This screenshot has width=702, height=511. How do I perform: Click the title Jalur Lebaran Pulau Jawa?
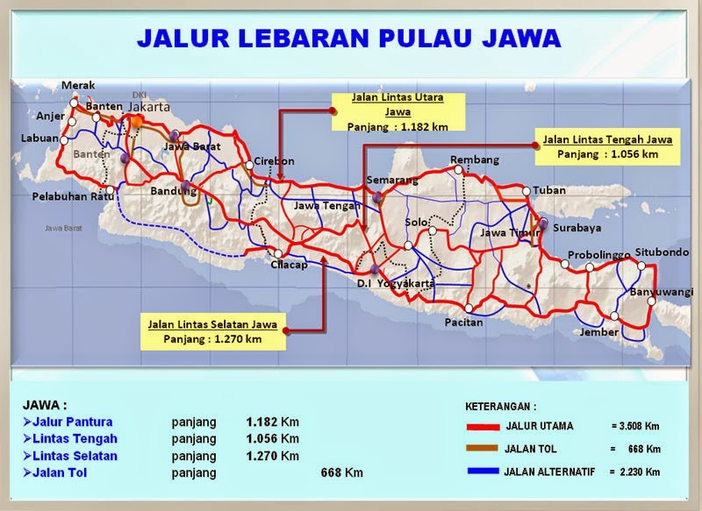click(349, 39)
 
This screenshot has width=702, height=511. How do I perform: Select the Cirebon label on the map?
click(275, 161)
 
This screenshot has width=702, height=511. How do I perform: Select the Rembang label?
click(474, 160)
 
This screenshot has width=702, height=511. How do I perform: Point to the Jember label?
click(599, 332)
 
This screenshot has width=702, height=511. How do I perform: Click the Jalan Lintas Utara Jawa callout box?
click(398, 111)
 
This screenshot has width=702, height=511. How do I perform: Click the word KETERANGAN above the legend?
click(499, 407)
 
